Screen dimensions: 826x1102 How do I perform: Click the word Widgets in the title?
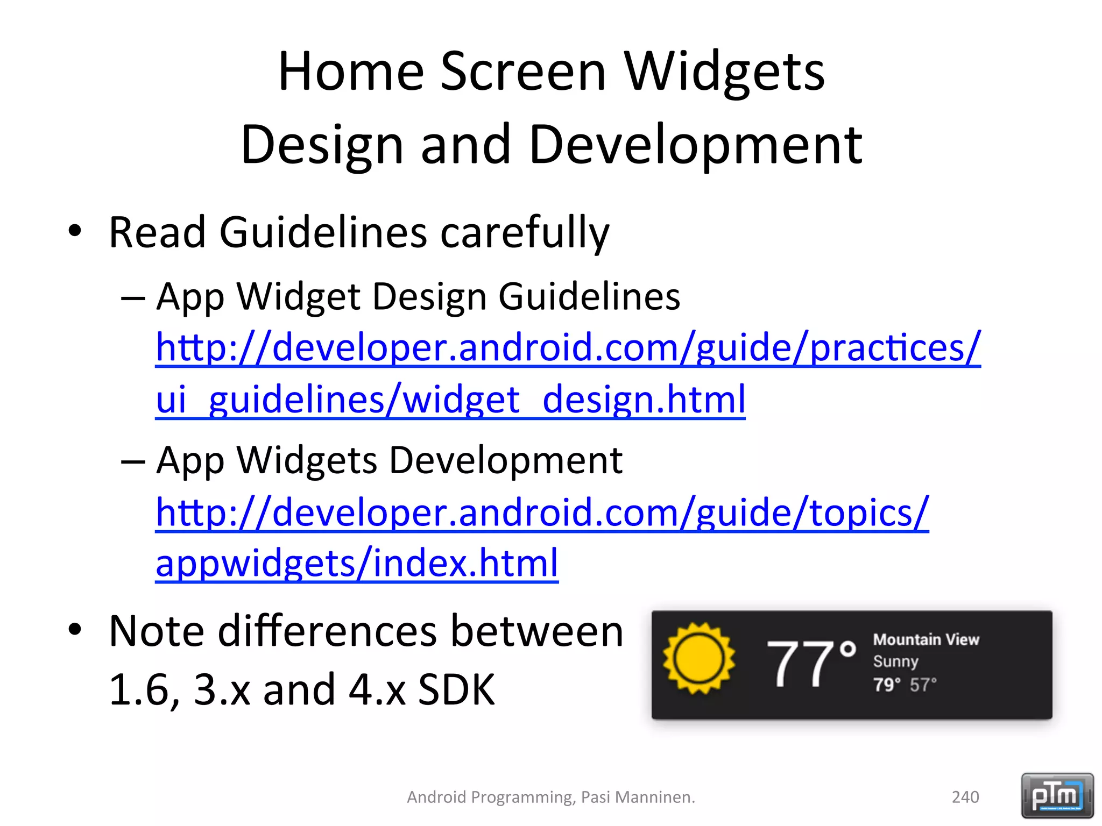pos(724,73)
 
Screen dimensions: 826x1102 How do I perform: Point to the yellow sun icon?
pos(698,659)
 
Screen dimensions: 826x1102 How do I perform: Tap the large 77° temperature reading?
pos(810,664)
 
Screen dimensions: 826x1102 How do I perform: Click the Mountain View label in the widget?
pos(926,639)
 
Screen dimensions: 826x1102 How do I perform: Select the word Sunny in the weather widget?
pos(895,661)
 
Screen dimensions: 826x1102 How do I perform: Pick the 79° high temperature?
pos(886,685)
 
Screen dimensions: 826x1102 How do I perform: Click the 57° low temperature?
pos(923,685)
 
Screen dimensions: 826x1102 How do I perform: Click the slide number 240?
pos(965,797)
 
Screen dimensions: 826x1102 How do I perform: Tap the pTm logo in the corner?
pos(1057,795)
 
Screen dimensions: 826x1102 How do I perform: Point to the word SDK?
pos(456,690)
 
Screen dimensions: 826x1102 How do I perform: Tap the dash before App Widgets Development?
pos(133,461)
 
